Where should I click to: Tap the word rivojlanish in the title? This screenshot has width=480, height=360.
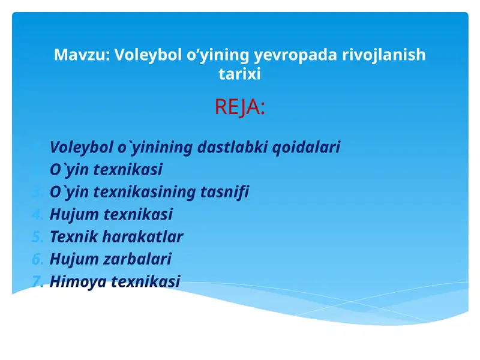(383, 55)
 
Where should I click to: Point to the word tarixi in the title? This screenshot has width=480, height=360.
(239, 74)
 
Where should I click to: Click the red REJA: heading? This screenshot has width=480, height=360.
(239, 108)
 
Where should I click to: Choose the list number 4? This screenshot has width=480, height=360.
(37, 214)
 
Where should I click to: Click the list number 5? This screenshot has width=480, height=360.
(37, 236)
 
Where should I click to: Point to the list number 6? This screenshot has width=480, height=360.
(37, 259)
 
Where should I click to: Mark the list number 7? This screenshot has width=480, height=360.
(37, 281)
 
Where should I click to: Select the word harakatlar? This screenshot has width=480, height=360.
(142, 236)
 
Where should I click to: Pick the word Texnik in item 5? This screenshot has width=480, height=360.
(73, 236)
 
